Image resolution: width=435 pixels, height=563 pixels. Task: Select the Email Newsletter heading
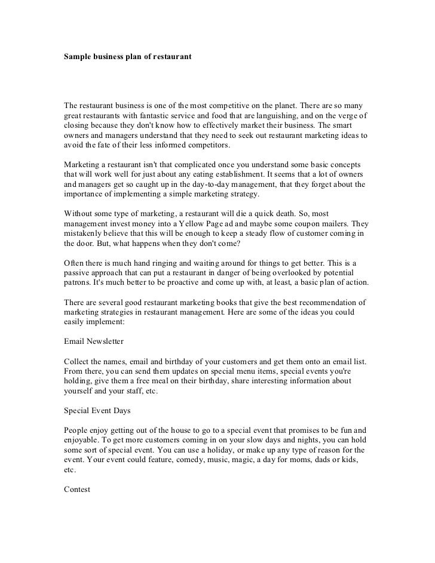tap(93, 343)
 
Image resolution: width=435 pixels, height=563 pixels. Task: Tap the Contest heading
tap(76, 489)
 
